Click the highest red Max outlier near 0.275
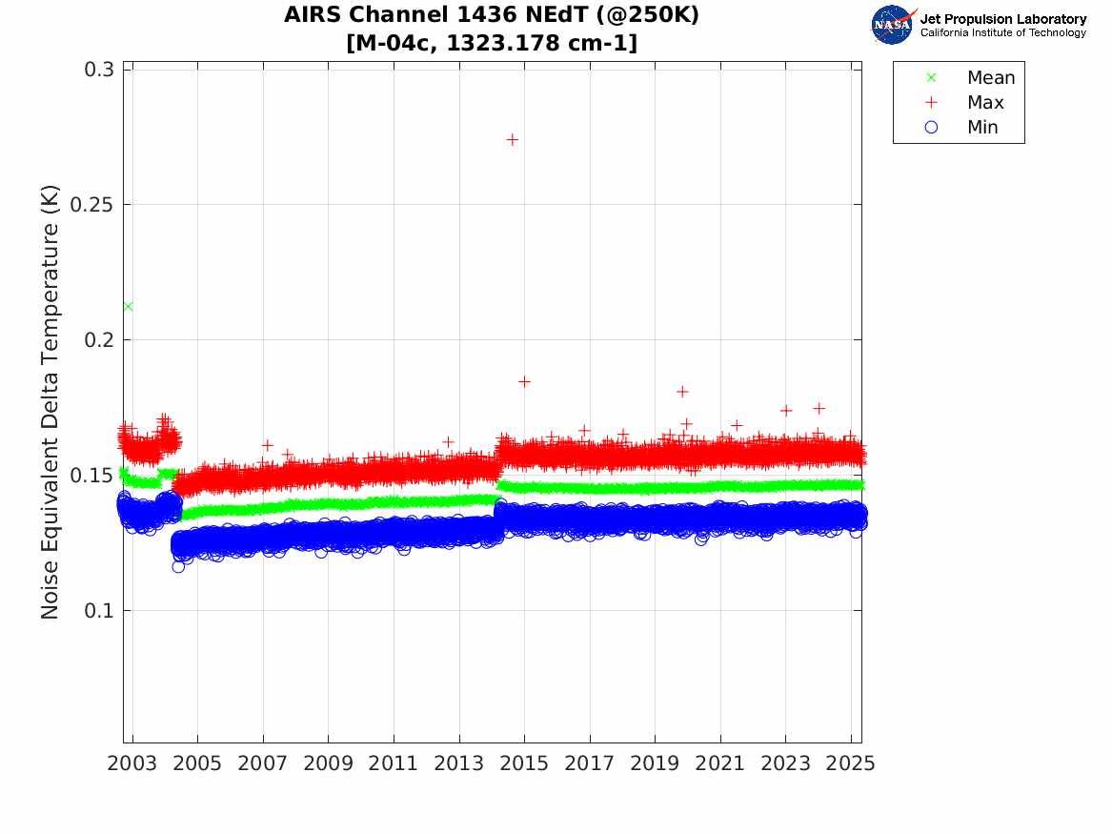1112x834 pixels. (512, 139)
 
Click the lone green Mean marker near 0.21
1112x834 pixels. (128, 306)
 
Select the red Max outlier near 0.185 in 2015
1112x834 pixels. (524, 381)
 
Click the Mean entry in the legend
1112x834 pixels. (990, 78)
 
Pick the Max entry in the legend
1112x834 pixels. (984, 103)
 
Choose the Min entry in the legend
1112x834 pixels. (982, 128)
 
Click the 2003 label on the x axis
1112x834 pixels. (133, 764)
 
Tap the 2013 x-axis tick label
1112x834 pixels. (459, 764)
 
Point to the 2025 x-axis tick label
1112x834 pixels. (851, 764)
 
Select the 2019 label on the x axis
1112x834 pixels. (656, 764)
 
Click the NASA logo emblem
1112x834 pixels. (893, 25)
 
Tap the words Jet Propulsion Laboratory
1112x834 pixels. (1002, 19)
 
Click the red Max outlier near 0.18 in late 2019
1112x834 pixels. (682, 392)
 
